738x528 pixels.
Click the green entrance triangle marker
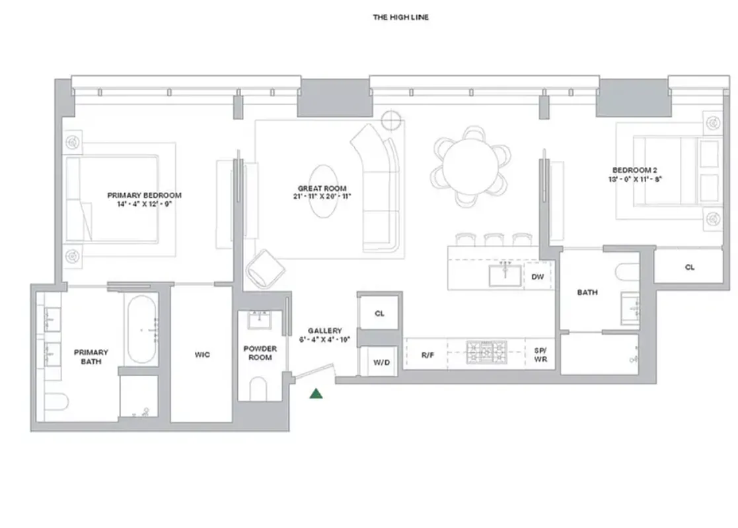pos(316,394)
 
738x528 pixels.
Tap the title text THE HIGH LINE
pos(401,17)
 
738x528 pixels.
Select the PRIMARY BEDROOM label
pos(144,195)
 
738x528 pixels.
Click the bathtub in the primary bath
pos(141,329)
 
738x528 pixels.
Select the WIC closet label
pos(202,355)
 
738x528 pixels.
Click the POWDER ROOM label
pos(260,352)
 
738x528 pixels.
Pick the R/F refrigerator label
pos(427,355)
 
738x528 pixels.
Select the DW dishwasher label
pos(538,277)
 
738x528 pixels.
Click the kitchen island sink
pos(505,275)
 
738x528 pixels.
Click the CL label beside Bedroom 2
pos(690,267)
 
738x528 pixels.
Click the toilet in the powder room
pos(258,389)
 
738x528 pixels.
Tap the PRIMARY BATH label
pos(91,356)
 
